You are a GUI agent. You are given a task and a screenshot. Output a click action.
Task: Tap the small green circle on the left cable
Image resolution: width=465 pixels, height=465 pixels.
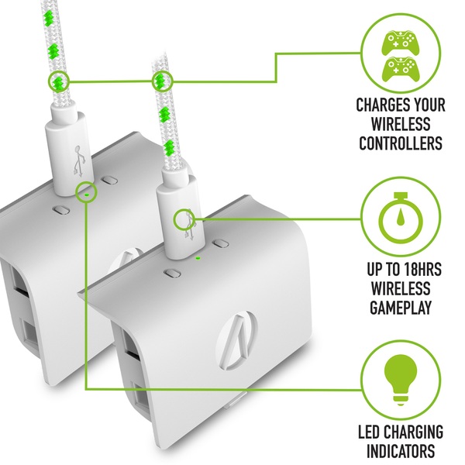(59, 80)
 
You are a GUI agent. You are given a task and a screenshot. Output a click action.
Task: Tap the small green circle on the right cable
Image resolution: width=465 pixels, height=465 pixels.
(161, 80)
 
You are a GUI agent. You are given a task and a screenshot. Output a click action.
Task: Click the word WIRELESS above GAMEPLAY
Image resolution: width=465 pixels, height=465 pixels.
(399, 291)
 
